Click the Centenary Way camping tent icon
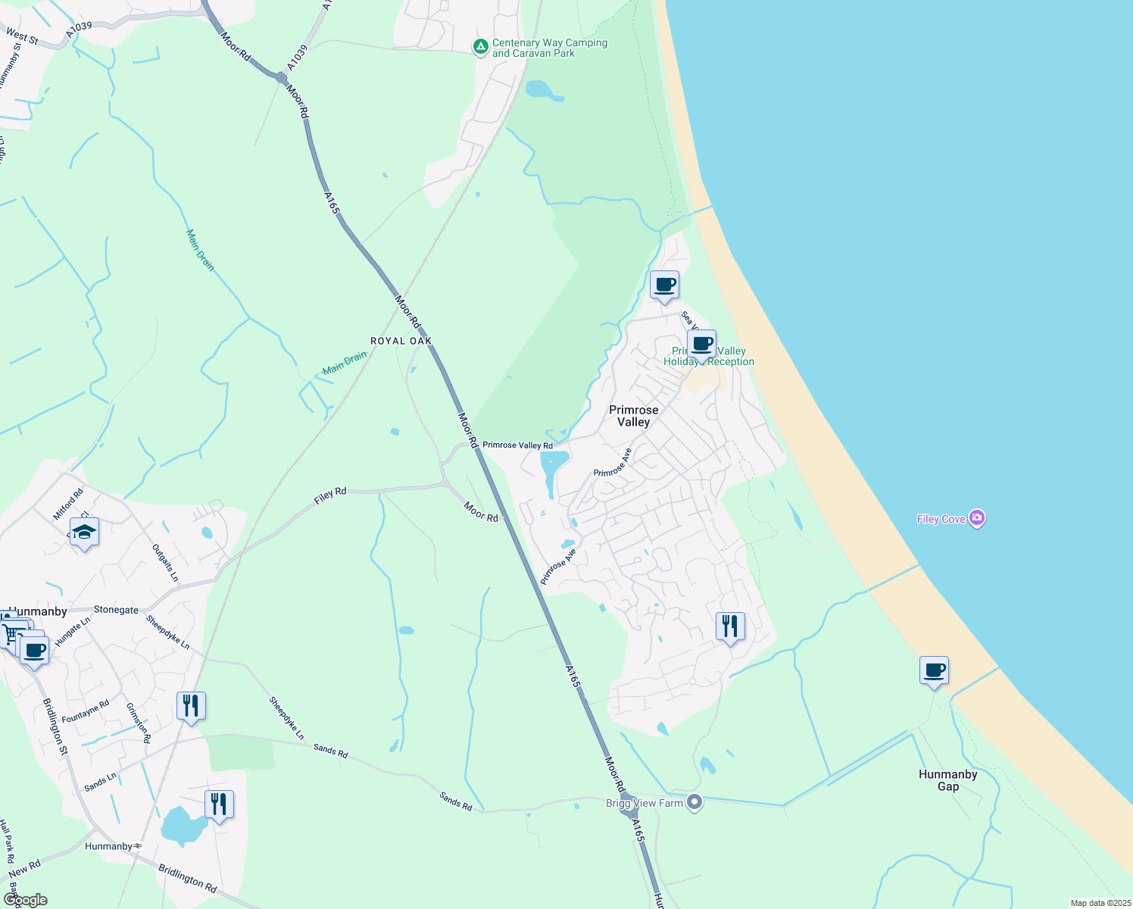pos(480,48)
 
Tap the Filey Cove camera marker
pos(977,519)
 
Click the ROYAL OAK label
pos(401,342)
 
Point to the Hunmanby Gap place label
pos(947,780)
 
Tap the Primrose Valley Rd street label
pos(518,445)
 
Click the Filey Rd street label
pos(330,497)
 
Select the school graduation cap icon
pos(84,533)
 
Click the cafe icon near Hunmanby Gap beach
pos(934,670)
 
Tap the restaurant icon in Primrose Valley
pos(730,626)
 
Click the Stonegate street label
pos(116,610)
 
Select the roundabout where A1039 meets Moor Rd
pos(281,77)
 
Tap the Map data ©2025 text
pos(1100,903)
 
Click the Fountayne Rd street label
pos(86,711)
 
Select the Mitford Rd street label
pos(67,504)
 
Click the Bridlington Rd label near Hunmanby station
pos(187,877)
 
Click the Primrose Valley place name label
pos(634,416)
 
